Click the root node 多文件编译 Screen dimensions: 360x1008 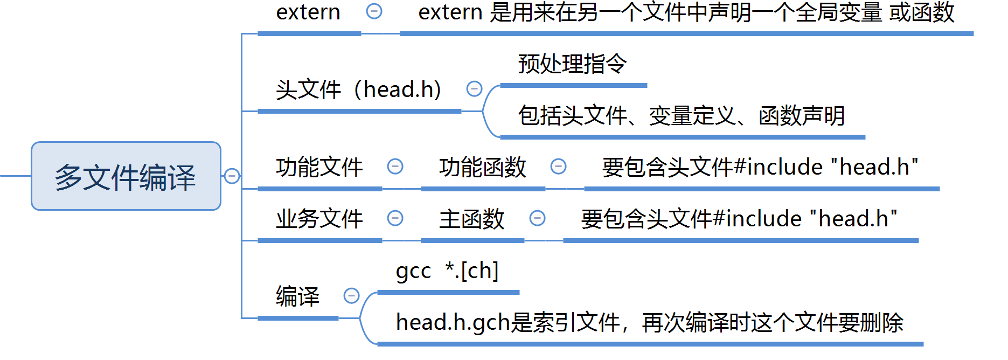tap(126, 176)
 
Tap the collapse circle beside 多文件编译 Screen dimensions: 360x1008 tap(232, 176)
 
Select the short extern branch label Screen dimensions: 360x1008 tap(308, 12)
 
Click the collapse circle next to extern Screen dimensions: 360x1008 tap(374, 11)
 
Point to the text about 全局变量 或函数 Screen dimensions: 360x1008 tap(686, 12)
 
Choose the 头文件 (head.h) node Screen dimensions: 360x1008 tap(358, 89)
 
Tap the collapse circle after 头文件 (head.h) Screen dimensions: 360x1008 tap(474, 89)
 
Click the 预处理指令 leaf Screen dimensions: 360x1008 tap(572, 64)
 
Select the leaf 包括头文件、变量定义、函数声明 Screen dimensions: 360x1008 tap(681, 115)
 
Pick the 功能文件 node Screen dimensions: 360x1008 tap(319, 167)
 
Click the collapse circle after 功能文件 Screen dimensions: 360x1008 tap(395, 167)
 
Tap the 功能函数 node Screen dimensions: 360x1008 tap(482, 167)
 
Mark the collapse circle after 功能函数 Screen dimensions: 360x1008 tap(559, 167)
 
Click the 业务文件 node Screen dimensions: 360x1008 tap(319, 219)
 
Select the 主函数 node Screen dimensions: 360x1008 tap(471, 219)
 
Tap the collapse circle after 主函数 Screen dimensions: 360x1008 tap(537, 218)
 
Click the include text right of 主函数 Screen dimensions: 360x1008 tap(739, 219)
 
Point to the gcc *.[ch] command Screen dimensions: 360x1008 tap(447, 271)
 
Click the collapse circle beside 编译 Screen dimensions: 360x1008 tap(351, 295)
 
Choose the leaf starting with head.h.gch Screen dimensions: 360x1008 tap(649, 322)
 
